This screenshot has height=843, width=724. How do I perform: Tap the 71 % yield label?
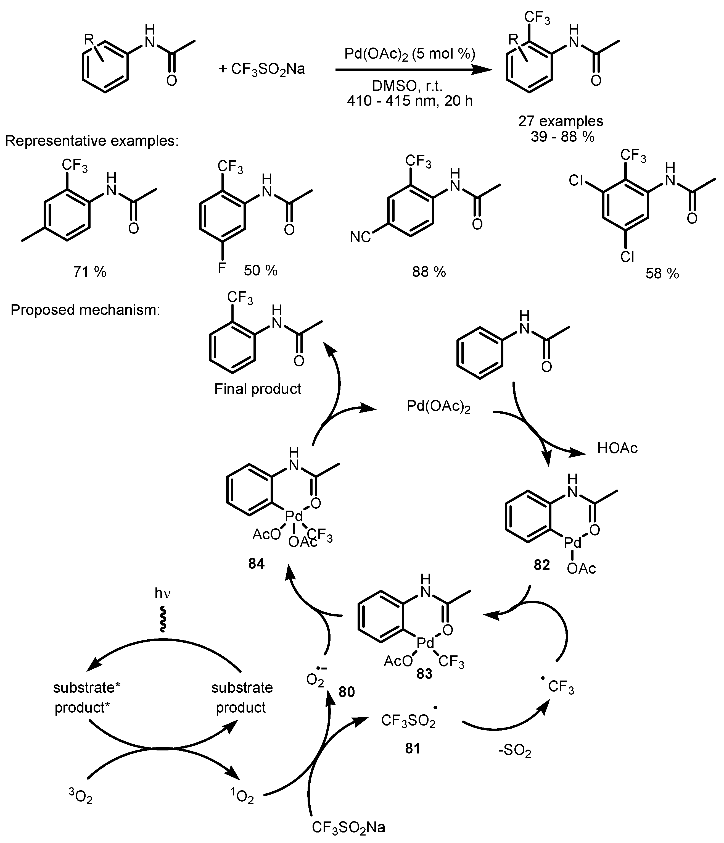[89, 271]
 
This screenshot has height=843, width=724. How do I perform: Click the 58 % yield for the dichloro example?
[662, 274]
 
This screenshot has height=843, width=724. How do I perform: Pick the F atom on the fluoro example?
[222, 269]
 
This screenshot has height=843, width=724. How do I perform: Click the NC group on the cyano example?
[360, 237]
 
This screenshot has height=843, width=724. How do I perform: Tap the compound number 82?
[541, 565]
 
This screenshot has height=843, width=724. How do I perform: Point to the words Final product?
[258, 389]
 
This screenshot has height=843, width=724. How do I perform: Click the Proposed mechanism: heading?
[85, 310]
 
